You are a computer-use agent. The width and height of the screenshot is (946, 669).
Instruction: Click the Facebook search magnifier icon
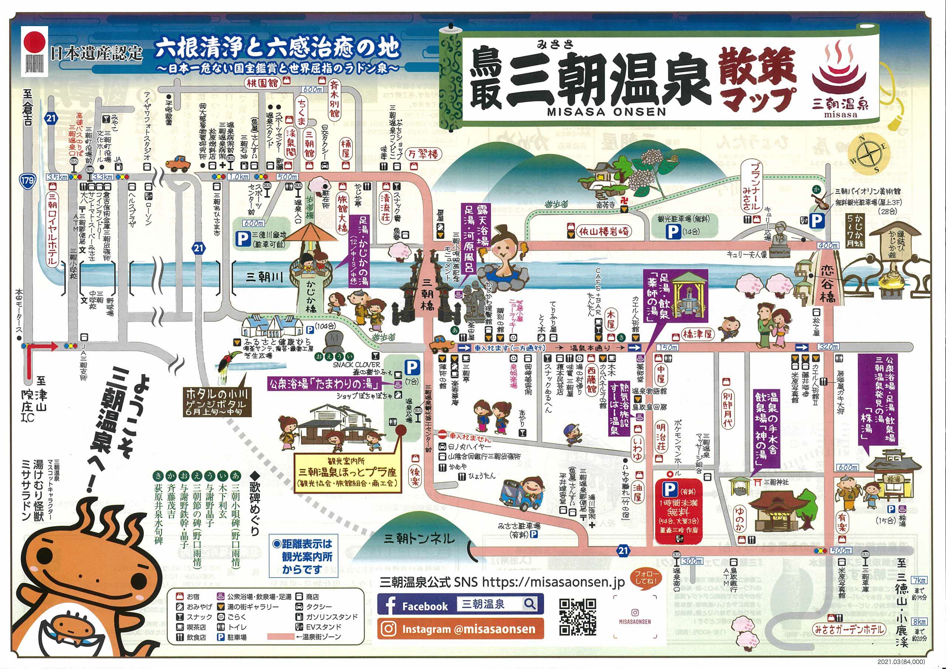530,604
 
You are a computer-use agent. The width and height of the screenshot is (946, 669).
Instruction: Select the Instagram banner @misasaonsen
460,629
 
